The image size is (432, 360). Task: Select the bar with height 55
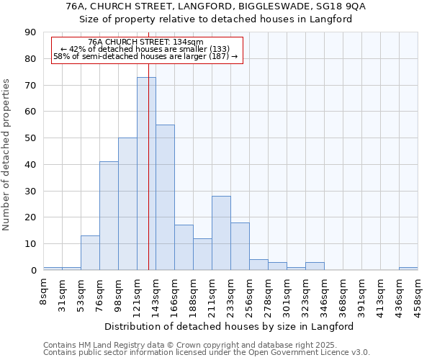(x=165, y=197)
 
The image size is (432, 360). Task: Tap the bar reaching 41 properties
(x=109, y=216)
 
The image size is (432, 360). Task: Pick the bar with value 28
(x=221, y=233)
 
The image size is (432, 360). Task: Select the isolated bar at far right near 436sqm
(x=408, y=269)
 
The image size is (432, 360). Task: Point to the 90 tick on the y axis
(x=30, y=32)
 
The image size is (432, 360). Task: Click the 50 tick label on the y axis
(x=30, y=138)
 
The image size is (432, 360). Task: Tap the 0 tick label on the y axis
(x=33, y=271)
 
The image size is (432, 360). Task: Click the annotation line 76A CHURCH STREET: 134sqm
(x=145, y=42)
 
